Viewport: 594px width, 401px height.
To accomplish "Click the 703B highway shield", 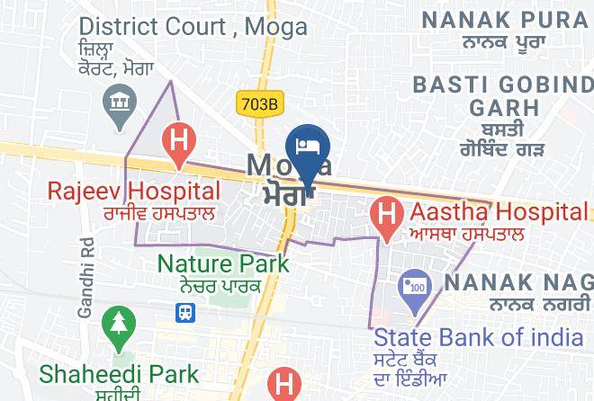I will (x=258, y=104).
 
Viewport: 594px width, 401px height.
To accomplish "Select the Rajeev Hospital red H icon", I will (x=178, y=142).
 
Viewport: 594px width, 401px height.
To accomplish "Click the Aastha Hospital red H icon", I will (x=386, y=216).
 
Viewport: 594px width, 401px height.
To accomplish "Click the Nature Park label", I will (x=223, y=263).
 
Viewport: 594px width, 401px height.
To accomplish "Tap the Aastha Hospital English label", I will (x=498, y=213).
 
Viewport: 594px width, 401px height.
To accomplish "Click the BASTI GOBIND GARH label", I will (x=502, y=96).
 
